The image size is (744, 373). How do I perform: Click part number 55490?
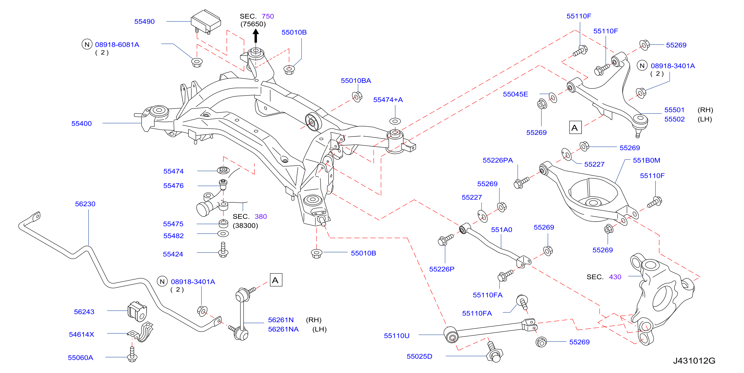pyautogui.click(x=144, y=22)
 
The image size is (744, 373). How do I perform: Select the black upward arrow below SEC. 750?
pyautogui.click(x=256, y=36)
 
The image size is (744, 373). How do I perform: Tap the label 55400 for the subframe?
pyautogui.click(x=81, y=124)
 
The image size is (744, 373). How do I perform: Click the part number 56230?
pyautogui.click(x=85, y=204)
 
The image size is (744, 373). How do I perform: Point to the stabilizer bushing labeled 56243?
pyautogui.click(x=138, y=311)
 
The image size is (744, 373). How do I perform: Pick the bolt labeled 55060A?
pyautogui.click(x=132, y=354)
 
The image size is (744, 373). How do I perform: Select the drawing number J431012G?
pyautogui.click(x=694, y=361)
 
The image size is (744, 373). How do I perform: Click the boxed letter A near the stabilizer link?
pyautogui.click(x=276, y=280)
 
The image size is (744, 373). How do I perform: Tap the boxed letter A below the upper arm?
pyautogui.click(x=575, y=128)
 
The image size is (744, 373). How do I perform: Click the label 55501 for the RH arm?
pyautogui.click(x=674, y=110)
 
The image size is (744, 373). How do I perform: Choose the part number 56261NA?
pyautogui.click(x=283, y=330)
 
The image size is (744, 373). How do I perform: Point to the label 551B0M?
pyautogui.click(x=646, y=161)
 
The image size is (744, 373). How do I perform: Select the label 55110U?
pyautogui.click(x=397, y=336)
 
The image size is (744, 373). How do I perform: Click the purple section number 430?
pyautogui.click(x=615, y=277)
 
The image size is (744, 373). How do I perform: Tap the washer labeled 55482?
pyautogui.click(x=223, y=234)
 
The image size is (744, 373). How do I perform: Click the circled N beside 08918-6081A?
pyautogui.click(x=87, y=44)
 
